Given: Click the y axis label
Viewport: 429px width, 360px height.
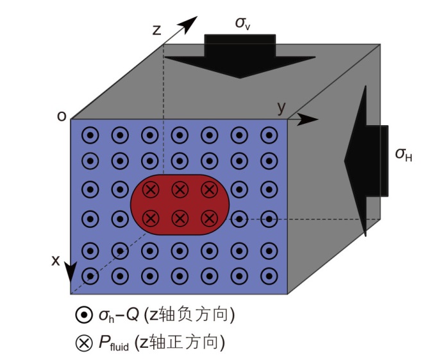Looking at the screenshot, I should tap(281, 106).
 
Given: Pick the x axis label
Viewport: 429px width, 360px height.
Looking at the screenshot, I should tap(55, 261).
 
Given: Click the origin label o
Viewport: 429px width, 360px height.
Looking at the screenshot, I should tap(61, 116).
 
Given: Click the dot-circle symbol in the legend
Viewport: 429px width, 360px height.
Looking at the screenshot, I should tap(83, 315).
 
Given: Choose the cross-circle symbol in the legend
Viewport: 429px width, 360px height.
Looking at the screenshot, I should tap(83, 343).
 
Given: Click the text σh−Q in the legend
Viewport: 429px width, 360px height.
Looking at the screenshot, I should tap(118, 315).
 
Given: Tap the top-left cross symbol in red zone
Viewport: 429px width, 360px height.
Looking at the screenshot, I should tap(151, 189).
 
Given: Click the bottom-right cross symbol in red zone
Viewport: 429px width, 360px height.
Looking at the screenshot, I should tap(208, 218).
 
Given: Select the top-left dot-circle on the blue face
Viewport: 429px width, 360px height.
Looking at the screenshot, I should tap(92, 135).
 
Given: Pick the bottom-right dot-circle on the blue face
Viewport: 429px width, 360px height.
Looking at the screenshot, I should tap(267, 277).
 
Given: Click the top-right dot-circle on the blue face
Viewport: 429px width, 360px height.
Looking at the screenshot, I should tap(267, 135).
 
